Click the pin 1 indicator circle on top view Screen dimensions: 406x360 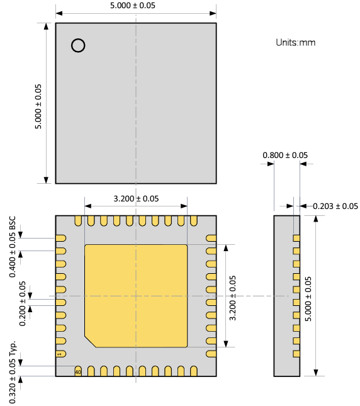coord(78,45)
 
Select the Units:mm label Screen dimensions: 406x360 coord(295,43)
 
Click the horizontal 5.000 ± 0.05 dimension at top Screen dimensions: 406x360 coord(136,6)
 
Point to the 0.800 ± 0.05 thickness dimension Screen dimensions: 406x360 coord(285,155)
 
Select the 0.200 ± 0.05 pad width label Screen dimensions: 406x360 coord(23,303)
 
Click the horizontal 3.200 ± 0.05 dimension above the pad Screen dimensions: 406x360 coord(136,198)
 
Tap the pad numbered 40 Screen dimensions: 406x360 coord(78,371)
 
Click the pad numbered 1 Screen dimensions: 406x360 coord(61,354)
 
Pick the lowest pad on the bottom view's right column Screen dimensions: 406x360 coord(211,354)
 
